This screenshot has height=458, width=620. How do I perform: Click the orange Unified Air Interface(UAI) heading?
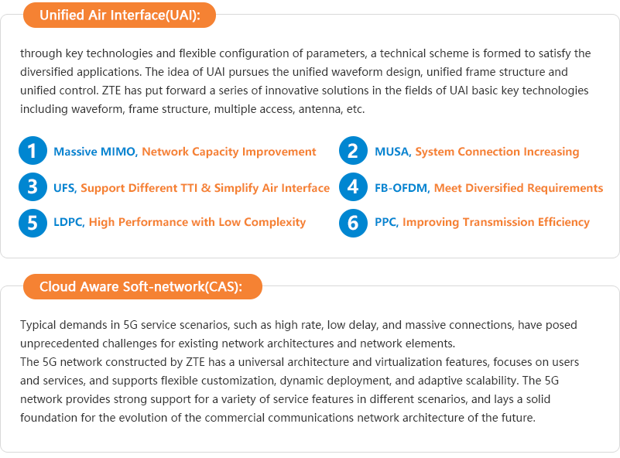(119, 15)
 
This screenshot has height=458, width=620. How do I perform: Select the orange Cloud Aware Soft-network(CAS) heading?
(142, 286)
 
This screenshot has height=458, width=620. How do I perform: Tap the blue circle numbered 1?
(33, 151)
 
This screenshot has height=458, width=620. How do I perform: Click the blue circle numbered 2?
(353, 151)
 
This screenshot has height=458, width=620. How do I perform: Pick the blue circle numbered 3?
(33, 187)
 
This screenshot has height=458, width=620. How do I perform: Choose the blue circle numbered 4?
(353, 187)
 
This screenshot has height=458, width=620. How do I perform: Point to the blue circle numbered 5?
(33, 223)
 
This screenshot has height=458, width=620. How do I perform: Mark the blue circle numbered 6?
(353, 223)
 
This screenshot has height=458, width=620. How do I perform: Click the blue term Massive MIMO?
(94, 152)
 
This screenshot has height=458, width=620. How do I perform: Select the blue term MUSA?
(392, 152)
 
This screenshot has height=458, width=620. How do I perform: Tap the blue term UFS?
(64, 188)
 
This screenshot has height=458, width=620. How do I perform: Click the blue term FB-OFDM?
(402, 188)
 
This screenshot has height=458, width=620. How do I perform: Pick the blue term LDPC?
(68, 222)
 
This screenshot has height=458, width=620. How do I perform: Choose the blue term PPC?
(385, 222)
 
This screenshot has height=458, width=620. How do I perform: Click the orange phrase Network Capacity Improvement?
(229, 152)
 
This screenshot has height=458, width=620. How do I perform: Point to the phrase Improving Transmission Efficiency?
(496, 223)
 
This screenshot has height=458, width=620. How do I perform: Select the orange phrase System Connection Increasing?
(497, 152)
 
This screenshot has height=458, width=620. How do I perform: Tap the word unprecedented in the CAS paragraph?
(60, 343)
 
